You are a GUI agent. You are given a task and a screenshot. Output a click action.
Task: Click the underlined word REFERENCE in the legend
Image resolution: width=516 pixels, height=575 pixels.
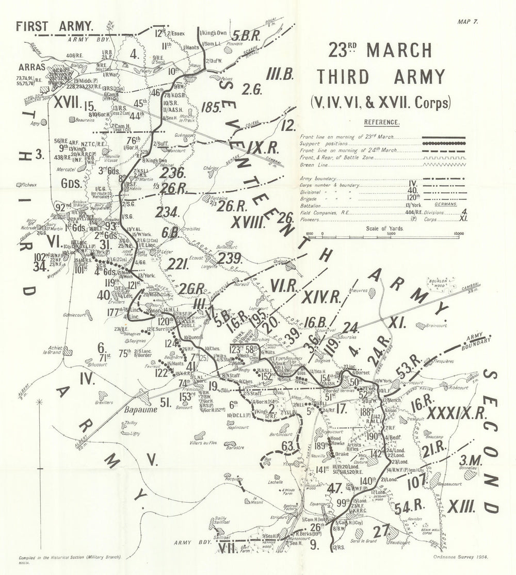coord(382,123)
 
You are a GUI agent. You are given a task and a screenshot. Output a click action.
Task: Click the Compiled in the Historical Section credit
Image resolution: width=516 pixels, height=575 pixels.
coord(70,558)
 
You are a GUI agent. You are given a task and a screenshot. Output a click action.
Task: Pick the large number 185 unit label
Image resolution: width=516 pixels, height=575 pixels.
coord(213,107)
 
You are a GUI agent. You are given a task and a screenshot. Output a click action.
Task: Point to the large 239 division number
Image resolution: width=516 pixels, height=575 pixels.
coord(228,259)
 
